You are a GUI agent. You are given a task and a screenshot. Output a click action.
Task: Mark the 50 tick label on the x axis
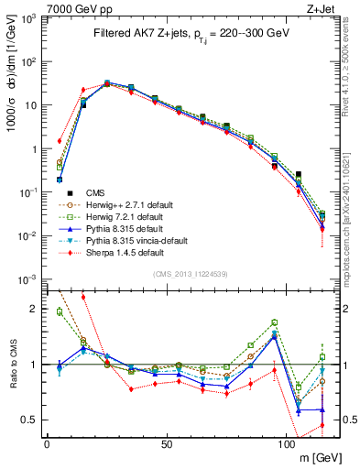(167, 444)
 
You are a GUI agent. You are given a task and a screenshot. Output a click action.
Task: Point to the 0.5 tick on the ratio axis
(29, 420)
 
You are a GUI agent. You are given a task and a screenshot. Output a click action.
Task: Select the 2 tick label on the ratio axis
(34, 309)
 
